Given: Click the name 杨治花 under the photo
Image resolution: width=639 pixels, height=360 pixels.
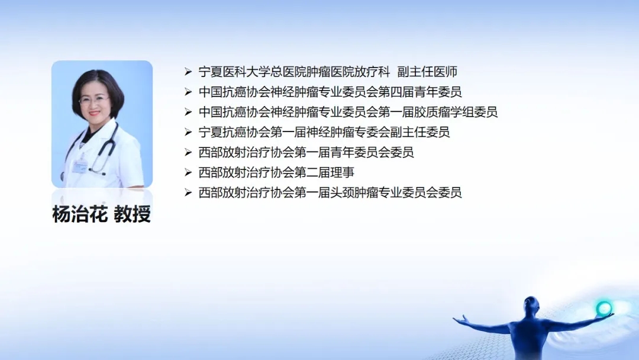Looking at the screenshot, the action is coord(80,214).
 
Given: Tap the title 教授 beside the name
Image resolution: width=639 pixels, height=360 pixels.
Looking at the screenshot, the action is coord(133,214).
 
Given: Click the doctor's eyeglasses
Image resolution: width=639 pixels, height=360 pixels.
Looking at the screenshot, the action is coord(93,99).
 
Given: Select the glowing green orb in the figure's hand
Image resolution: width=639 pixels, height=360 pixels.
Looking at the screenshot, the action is coord(604,308).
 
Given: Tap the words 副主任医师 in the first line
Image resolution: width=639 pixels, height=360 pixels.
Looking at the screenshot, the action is coord(427,72).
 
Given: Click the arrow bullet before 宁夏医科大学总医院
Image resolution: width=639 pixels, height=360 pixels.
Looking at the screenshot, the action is coord(188,72).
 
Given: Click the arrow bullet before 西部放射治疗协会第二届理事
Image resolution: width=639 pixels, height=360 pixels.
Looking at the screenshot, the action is coord(188,172).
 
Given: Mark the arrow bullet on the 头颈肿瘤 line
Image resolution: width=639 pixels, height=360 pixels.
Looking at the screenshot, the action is coord(188,192).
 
